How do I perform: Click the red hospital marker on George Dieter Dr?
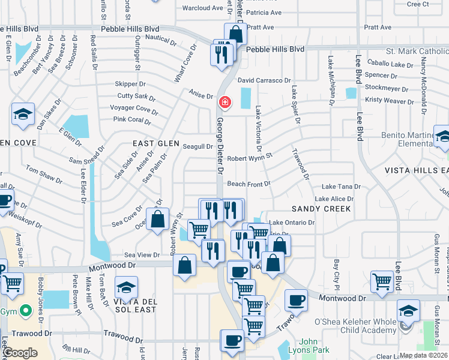coord(224,103)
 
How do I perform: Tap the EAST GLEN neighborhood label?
coord(156,143)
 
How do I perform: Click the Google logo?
coord(20,353)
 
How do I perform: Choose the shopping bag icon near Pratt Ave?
coord(236,34)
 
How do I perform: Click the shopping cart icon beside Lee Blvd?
coord(382,282)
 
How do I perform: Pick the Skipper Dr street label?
coord(130,85)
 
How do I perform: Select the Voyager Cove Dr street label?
coord(134,108)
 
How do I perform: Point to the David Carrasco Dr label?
coord(264,80)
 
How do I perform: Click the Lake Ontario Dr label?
coord(291,223)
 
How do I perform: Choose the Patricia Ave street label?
coord(263,13)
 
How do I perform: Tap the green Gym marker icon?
coord(25,311)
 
